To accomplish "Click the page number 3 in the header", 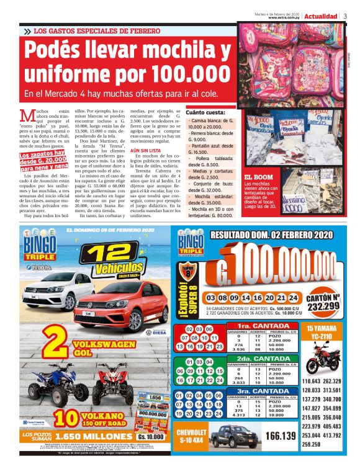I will coord(345,16).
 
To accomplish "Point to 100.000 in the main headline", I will coord(189,74).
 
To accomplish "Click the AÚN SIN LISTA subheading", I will coord(144,151).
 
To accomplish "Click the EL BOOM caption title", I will coord(259,177).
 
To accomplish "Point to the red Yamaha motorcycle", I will coord(322,356).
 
